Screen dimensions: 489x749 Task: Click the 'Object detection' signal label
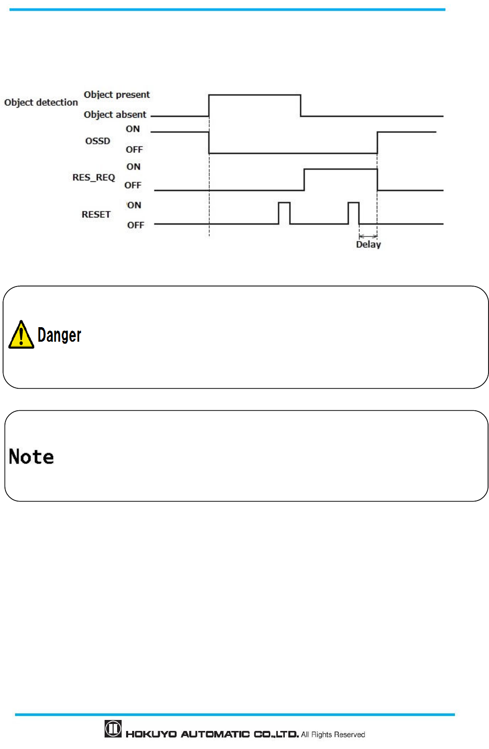(41, 102)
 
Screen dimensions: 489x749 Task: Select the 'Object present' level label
(117, 95)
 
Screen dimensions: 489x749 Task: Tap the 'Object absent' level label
(115, 115)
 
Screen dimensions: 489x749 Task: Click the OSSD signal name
(98, 141)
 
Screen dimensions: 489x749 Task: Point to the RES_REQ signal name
(94, 177)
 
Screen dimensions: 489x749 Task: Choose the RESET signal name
(96, 214)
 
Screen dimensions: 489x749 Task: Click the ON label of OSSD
(133, 129)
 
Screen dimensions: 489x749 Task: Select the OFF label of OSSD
(134, 149)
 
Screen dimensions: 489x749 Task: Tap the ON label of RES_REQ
(133, 167)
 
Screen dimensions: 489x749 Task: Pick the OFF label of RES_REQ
(133, 185)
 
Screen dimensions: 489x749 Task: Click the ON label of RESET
(134, 205)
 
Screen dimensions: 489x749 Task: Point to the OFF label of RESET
(135, 225)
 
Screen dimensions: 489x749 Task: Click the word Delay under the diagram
(368, 244)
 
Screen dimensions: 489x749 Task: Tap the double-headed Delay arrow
(368, 236)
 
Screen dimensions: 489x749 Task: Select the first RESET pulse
(284, 213)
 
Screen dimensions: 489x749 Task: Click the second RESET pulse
(353, 213)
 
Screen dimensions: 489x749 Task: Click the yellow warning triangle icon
(21, 335)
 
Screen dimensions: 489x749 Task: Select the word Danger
(59, 335)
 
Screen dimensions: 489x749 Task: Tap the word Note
(31, 456)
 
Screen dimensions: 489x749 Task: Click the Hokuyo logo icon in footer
(113, 728)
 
